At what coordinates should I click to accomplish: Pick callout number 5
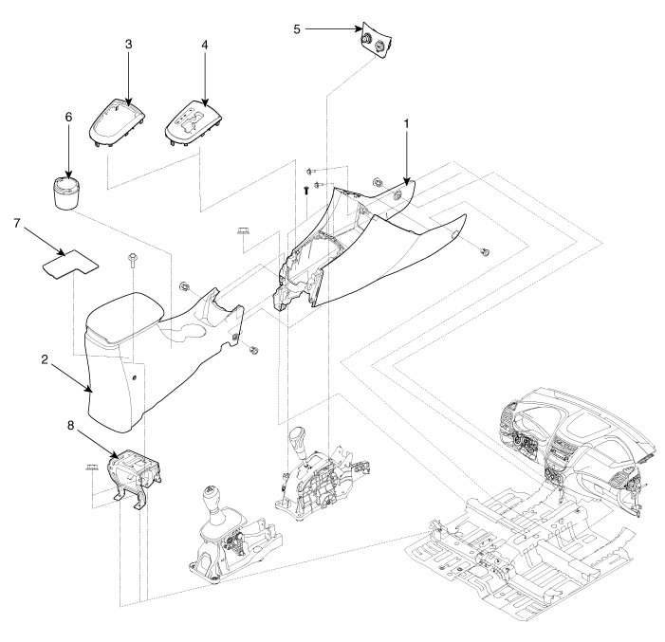296,29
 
